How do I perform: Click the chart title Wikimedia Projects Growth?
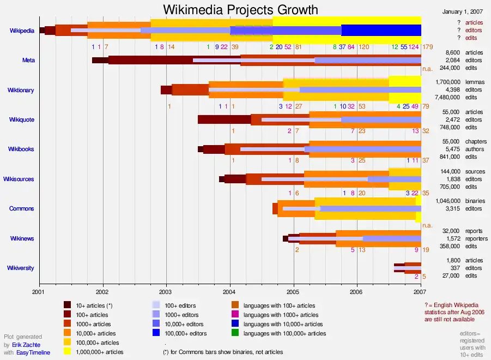click(241, 10)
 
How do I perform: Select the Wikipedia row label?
click(22, 31)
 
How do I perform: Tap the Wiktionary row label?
click(21, 90)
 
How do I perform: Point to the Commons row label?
click(22, 208)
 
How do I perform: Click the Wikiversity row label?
click(20, 268)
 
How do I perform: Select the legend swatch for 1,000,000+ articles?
click(68, 352)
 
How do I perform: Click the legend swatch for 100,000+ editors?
click(156, 333)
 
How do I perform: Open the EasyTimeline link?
click(33, 353)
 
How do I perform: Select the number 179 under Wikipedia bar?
click(427, 47)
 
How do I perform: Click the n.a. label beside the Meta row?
click(427, 69)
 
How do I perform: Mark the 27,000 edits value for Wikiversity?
click(451, 275)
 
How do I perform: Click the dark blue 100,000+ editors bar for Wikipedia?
click(381, 30)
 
